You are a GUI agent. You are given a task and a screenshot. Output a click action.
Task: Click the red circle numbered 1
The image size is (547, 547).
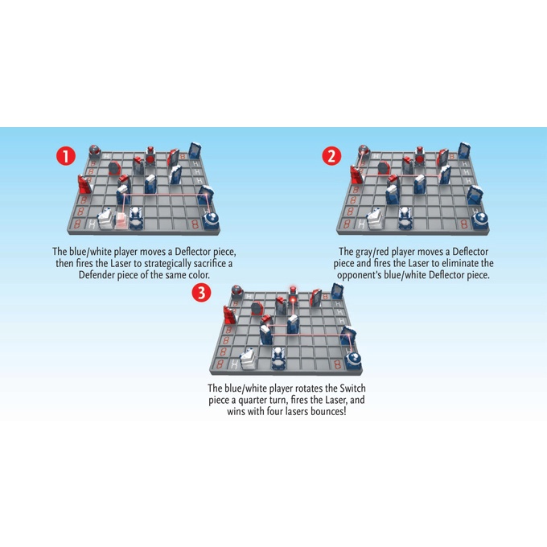pos(66,156)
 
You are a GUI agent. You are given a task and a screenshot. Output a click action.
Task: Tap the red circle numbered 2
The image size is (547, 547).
pos(331,156)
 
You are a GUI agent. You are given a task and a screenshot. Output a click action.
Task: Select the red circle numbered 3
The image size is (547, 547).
pos(201,292)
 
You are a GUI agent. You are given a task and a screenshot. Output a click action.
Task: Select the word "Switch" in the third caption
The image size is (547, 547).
pos(352,389)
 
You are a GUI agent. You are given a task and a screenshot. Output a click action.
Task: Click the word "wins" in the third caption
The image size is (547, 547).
pos(236,412)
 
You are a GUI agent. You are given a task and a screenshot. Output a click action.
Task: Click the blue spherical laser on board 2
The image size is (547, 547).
pos(480,220)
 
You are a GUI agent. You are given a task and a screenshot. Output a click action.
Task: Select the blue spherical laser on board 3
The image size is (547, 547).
pos(353,359)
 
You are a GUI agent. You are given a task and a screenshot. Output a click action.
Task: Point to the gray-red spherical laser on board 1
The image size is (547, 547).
pos(95,150)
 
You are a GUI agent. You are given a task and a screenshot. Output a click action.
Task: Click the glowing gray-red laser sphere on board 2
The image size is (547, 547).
pos(364,150)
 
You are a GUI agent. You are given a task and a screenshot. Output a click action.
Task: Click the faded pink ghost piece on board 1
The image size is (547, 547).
pos(121,220)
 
